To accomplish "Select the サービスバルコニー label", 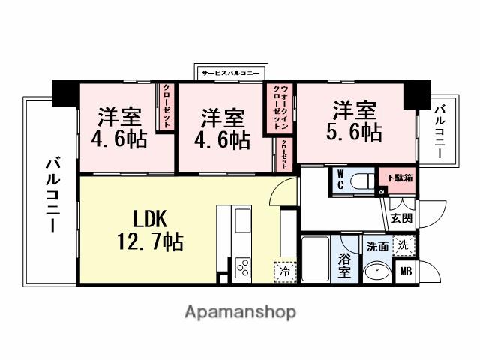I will [231, 73].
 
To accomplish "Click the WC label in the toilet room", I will [340, 179].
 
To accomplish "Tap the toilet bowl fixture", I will [361, 181].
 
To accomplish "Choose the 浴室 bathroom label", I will [345, 266].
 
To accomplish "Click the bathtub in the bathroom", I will [316, 259].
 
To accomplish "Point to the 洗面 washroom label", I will [377, 245].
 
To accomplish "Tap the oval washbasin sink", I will [376, 271].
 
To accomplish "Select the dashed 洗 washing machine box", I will [404, 244].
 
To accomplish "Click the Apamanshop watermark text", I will [240, 311].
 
